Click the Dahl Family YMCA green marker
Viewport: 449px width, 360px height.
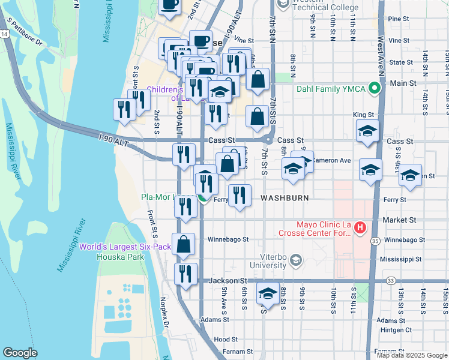pos(376,89)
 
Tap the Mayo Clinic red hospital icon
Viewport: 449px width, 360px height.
pos(360,227)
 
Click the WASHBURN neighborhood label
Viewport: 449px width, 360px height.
pos(285,197)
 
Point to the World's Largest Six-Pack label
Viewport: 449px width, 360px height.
pos(121,247)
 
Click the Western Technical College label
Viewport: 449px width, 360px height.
pos(325,8)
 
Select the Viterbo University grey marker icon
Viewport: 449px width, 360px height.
pos(295,260)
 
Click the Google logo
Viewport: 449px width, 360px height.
pos(20,353)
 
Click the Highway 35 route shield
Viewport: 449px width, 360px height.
pos(373,241)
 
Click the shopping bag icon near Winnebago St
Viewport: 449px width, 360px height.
pos(184,244)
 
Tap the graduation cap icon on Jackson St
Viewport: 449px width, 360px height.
pos(268,293)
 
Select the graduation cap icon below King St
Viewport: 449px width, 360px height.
pos(367,131)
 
